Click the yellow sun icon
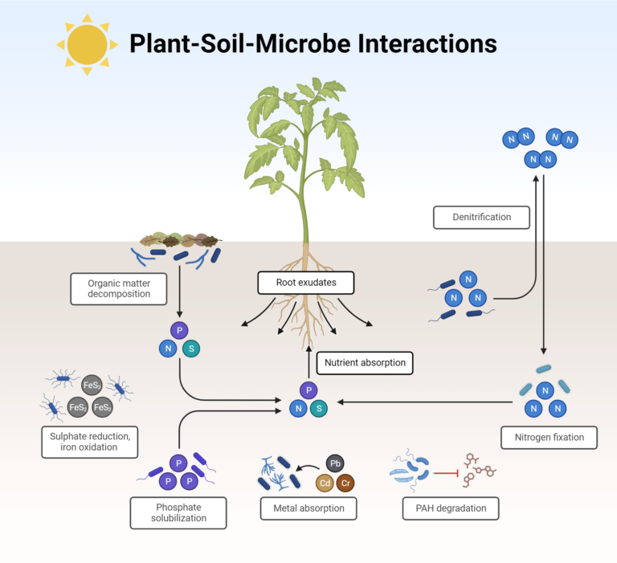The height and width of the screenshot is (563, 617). (87, 44)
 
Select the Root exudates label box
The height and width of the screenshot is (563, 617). (306, 283)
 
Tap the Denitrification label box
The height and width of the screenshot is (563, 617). (481, 217)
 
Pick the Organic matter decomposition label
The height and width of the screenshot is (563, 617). (118, 289)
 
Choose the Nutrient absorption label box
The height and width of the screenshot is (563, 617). (365, 363)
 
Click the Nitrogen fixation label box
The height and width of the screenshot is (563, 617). (549, 438)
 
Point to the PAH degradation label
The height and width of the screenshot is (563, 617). (451, 508)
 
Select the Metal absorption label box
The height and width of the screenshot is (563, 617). (308, 508)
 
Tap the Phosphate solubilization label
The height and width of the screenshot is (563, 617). (178, 513)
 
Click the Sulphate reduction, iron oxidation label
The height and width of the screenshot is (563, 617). (90, 443)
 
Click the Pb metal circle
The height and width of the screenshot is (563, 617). (335, 463)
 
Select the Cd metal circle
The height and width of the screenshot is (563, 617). (325, 483)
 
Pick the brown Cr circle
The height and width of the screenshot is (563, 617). (345, 483)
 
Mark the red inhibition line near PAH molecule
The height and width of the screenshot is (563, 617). (446, 473)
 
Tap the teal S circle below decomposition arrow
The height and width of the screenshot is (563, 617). (191, 349)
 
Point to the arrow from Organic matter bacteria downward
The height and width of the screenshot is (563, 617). (179, 292)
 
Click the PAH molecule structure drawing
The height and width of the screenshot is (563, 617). (480, 470)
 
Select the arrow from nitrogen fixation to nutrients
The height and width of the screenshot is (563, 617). (425, 402)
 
